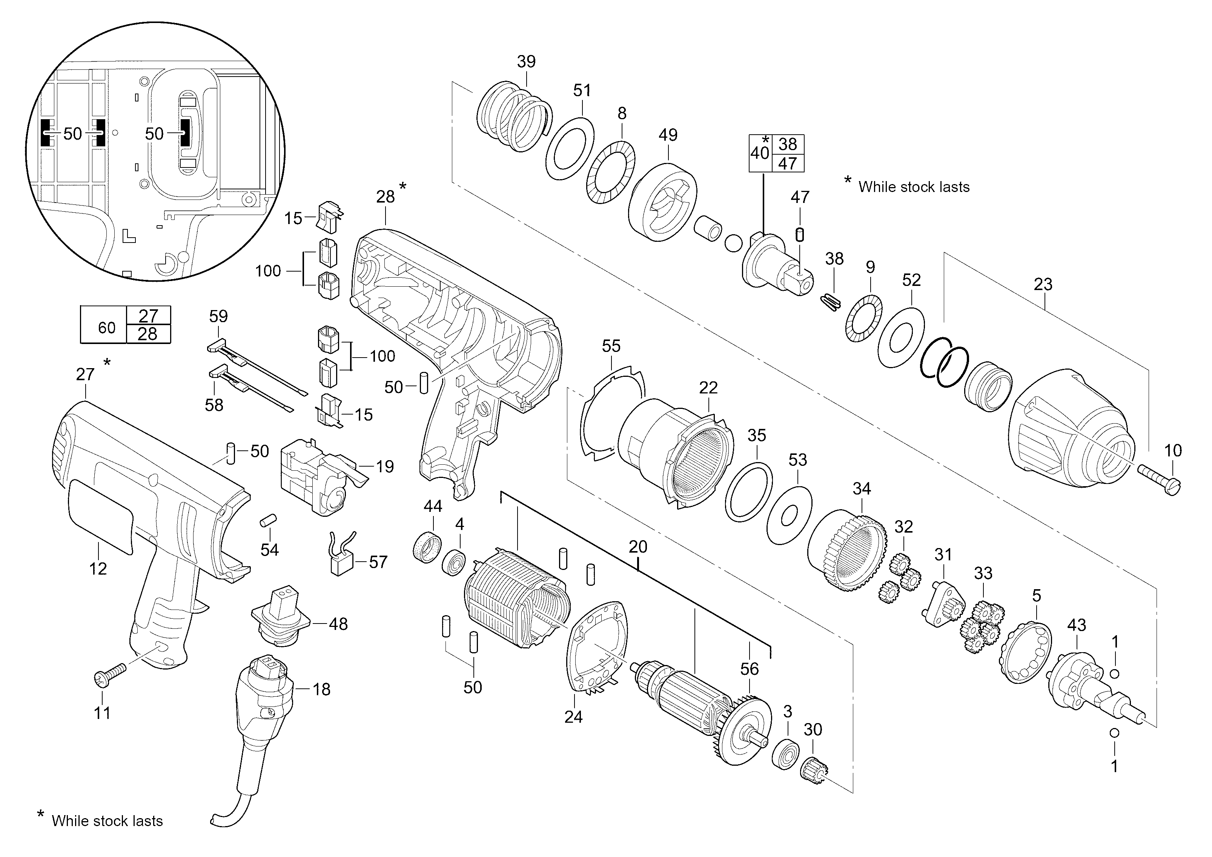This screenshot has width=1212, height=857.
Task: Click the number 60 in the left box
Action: [107, 328]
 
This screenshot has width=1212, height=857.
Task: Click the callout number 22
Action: [708, 388]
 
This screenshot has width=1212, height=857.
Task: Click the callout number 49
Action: [668, 135]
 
